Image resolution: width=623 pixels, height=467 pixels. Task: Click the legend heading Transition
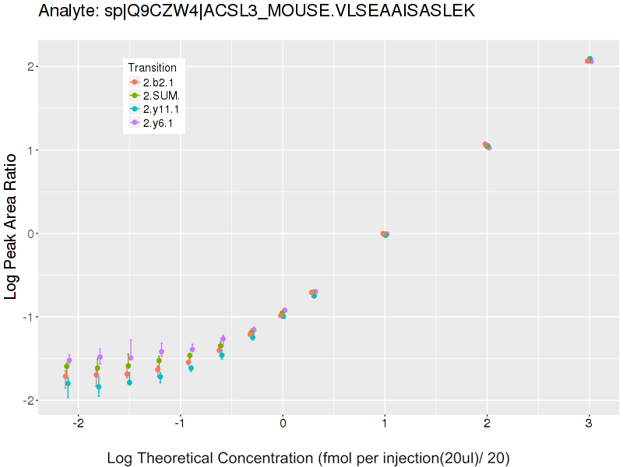tap(152, 68)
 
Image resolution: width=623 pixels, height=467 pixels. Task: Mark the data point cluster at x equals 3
tap(590, 60)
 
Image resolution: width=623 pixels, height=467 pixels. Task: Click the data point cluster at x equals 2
tap(487, 146)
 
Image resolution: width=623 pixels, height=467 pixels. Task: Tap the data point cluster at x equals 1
tap(385, 233)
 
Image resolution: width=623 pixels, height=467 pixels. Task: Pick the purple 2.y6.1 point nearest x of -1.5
tap(131, 358)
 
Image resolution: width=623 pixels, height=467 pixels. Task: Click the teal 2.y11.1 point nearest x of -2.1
tap(68, 384)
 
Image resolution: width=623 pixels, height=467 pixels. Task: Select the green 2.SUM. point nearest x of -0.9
tap(189, 356)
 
